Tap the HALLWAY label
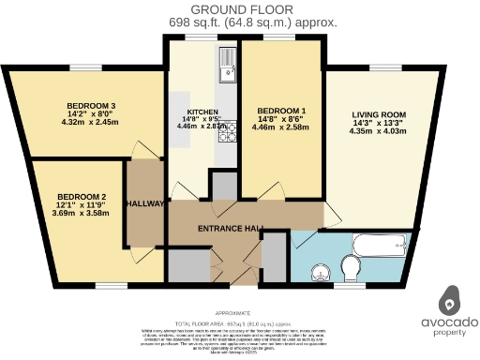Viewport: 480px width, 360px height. [x=145, y=202]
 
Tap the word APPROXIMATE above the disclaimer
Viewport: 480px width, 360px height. [x=232, y=313]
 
